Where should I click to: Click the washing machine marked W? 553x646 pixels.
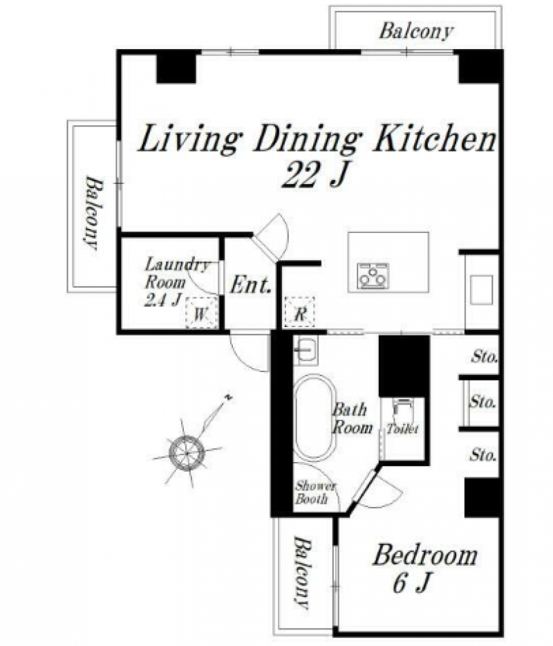click(x=201, y=313)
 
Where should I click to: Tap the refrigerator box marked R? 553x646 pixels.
click(x=300, y=313)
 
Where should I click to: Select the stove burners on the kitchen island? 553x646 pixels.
click(x=373, y=275)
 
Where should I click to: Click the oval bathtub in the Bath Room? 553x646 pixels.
click(x=315, y=417)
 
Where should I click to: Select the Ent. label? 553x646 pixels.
click(x=250, y=285)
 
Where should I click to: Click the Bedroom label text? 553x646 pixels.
click(x=425, y=555)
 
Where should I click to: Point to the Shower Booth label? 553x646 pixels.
click(x=315, y=492)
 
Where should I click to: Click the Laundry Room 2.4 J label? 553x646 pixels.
click(x=176, y=282)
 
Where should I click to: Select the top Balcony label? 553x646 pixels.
click(x=416, y=31)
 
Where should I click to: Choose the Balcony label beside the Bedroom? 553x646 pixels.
click(x=302, y=572)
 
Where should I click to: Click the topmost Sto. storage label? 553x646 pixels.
click(x=485, y=357)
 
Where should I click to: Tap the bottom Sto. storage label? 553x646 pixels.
click(x=483, y=455)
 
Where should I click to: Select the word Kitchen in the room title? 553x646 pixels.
click(x=434, y=139)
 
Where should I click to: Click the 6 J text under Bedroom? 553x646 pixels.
click(x=412, y=583)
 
